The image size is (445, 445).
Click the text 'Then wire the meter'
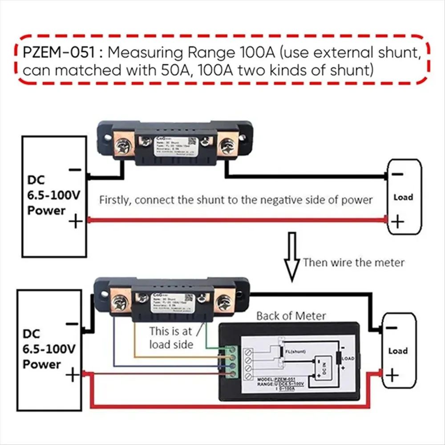click(354, 262)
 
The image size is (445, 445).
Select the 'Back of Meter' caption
click(291, 316)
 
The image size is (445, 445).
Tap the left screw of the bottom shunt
click(119, 303)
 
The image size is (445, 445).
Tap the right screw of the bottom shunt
click(223, 303)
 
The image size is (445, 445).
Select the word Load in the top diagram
click(403, 197)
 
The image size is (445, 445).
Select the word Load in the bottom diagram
click(398, 351)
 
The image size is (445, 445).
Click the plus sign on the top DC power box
click(75, 221)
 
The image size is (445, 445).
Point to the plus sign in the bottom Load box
click(392, 376)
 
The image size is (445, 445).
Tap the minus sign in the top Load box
click(397, 175)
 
